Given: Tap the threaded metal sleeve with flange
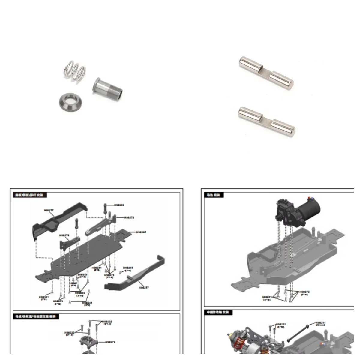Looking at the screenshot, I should (107, 90).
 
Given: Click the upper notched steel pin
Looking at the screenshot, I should (266, 72).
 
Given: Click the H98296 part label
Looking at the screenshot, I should (119, 205).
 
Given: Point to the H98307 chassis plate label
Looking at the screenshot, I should (141, 232).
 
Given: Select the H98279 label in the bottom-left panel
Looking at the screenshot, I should (110, 342).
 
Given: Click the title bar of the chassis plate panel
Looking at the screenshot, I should (30, 195).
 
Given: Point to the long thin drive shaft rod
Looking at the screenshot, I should (297, 333).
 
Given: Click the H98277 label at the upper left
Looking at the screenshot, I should (49, 210).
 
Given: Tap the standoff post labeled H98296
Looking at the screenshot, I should (105, 208).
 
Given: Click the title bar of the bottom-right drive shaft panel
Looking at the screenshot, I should (218, 312).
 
